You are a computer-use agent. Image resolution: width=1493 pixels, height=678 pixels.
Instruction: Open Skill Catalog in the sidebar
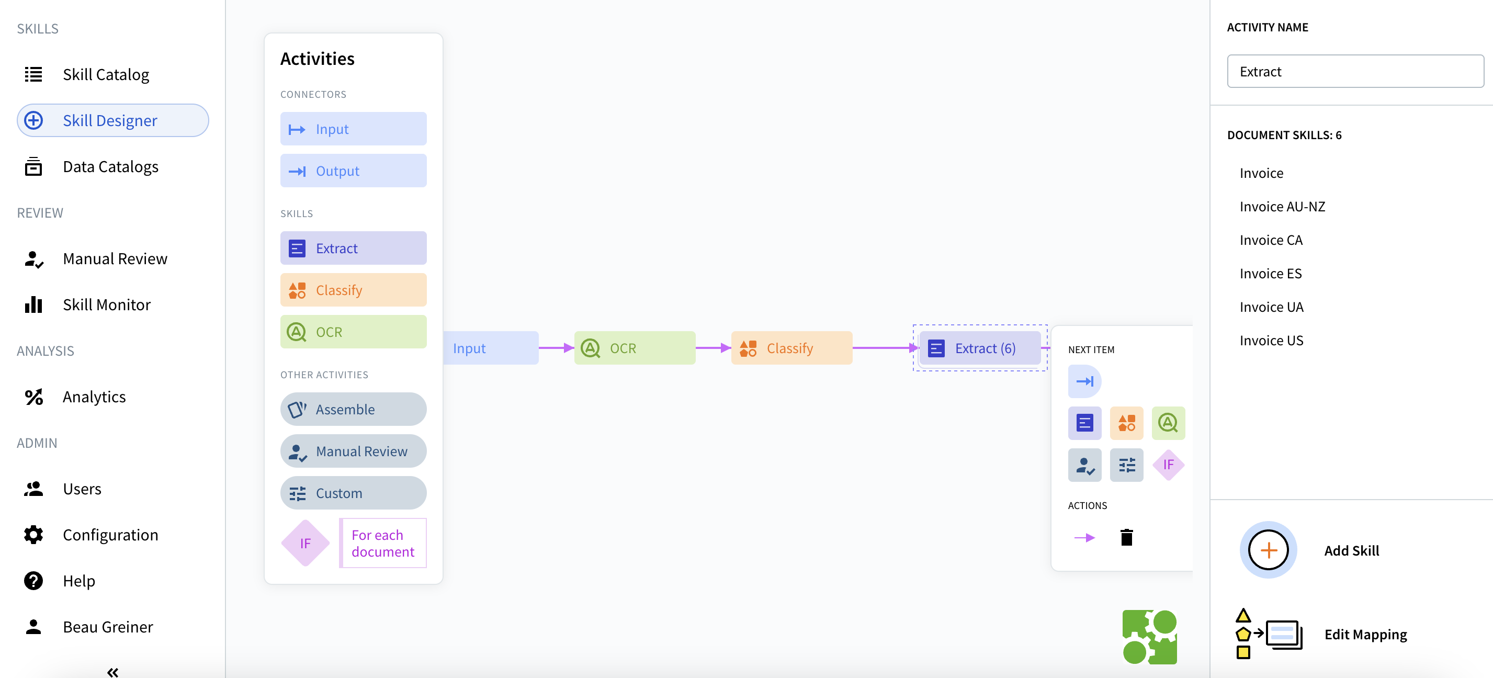click(x=106, y=75)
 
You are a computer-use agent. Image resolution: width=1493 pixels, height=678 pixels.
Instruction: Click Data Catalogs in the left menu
click(x=110, y=167)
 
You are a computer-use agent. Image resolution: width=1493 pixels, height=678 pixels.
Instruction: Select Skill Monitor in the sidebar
click(x=107, y=305)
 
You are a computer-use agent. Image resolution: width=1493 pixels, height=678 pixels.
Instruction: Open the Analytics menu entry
click(x=94, y=397)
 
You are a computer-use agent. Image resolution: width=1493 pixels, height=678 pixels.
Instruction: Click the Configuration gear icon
click(x=33, y=535)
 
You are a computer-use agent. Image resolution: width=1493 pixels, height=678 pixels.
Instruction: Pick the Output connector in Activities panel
click(x=353, y=171)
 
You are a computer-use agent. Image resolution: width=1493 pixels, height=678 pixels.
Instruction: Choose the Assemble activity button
click(x=353, y=410)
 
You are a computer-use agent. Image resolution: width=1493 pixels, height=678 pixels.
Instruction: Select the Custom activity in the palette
click(x=353, y=493)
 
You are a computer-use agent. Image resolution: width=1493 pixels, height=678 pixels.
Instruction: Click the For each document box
click(x=382, y=544)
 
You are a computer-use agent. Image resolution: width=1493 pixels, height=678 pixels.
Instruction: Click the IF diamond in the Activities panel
click(x=306, y=544)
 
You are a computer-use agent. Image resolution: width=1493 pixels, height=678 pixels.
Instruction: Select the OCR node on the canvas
click(x=634, y=348)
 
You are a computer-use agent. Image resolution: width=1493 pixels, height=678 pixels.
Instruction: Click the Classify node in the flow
click(x=791, y=348)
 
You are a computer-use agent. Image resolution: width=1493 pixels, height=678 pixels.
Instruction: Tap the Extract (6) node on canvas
click(x=979, y=348)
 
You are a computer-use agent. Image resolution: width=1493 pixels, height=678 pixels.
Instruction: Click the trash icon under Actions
click(x=1126, y=538)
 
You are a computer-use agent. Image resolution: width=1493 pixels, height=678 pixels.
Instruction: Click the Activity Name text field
click(x=1355, y=72)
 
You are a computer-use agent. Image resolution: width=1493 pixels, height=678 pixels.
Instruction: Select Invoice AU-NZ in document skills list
click(x=1282, y=207)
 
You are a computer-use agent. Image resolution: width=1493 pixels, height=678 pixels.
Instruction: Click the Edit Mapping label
click(x=1365, y=635)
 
